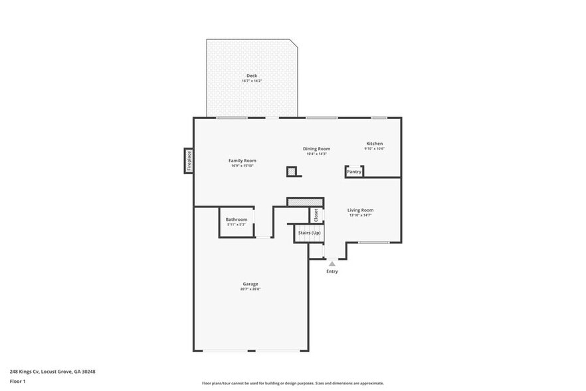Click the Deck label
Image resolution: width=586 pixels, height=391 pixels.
[x=252, y=76]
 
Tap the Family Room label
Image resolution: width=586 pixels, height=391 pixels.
[x=243, y=160]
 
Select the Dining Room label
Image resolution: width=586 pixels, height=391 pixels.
[x=316, y=149]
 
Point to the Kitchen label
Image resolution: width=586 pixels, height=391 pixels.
[x=375, y=144]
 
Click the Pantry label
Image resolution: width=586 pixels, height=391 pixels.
[x=354, y=172]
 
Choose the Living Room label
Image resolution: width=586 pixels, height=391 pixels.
[x=360, y=210]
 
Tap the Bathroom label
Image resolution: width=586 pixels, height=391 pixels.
[x=236, y=219]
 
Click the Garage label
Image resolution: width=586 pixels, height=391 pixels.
[x=250, y=284]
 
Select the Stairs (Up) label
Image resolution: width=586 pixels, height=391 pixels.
[x=309, y=233]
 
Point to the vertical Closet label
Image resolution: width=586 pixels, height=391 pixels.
[x=316, y=215]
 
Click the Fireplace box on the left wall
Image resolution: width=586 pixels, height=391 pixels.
[x=189, y=161]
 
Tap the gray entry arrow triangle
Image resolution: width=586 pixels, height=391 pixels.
[x=332, y=264]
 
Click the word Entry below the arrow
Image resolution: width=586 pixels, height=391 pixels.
[x=332, y=271]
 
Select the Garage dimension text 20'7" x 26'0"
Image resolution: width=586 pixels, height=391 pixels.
[x=250, y=289]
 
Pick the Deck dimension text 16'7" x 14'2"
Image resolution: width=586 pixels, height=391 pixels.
[x=252, y=81]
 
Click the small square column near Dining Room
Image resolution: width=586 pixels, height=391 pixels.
[x=292, y=172]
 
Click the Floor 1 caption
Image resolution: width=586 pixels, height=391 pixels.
[x=17, y=381]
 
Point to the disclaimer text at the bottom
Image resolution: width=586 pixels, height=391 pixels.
[x=293, y=384]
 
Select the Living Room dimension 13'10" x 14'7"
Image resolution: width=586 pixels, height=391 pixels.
[x=360, y=215]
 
